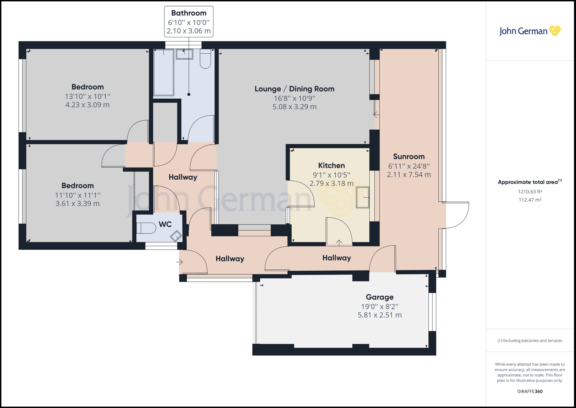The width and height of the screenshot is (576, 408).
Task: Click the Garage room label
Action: click(x=380, y=297)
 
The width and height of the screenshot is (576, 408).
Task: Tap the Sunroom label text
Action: click(x=409, y=157)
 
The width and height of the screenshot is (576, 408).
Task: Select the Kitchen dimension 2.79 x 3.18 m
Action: click(x=331, y=183)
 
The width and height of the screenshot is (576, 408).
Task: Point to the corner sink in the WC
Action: click(x=176, y=236)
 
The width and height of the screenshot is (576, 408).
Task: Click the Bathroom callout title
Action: click(x=189, y=13)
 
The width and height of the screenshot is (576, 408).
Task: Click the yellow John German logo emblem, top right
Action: click(x=555, y=31)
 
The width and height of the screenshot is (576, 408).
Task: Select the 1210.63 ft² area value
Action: click(x=530, y=192)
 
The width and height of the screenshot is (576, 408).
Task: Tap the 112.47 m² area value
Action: click(x=530, y=200)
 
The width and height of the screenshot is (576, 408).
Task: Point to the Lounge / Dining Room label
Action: click(x=295, y=89)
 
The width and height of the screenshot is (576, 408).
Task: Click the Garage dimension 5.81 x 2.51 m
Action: click(x=380, y=315)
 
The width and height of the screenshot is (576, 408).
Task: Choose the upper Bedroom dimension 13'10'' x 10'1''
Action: click(x=88, y=96)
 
